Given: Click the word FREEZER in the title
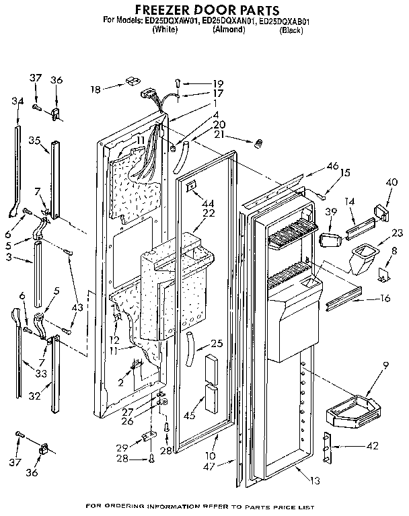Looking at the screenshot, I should coord(166,9).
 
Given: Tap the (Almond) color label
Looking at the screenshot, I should coord(229,30).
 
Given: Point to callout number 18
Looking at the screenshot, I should coord(96,88).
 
